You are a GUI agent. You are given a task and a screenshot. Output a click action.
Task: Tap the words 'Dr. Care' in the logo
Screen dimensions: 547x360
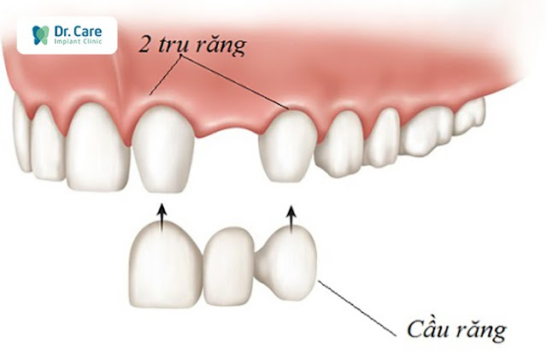click(76, 29)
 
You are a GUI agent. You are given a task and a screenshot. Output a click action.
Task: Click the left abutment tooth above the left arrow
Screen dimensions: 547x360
click(162, 149)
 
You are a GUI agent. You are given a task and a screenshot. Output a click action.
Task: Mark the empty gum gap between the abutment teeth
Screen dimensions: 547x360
click(226, 128)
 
